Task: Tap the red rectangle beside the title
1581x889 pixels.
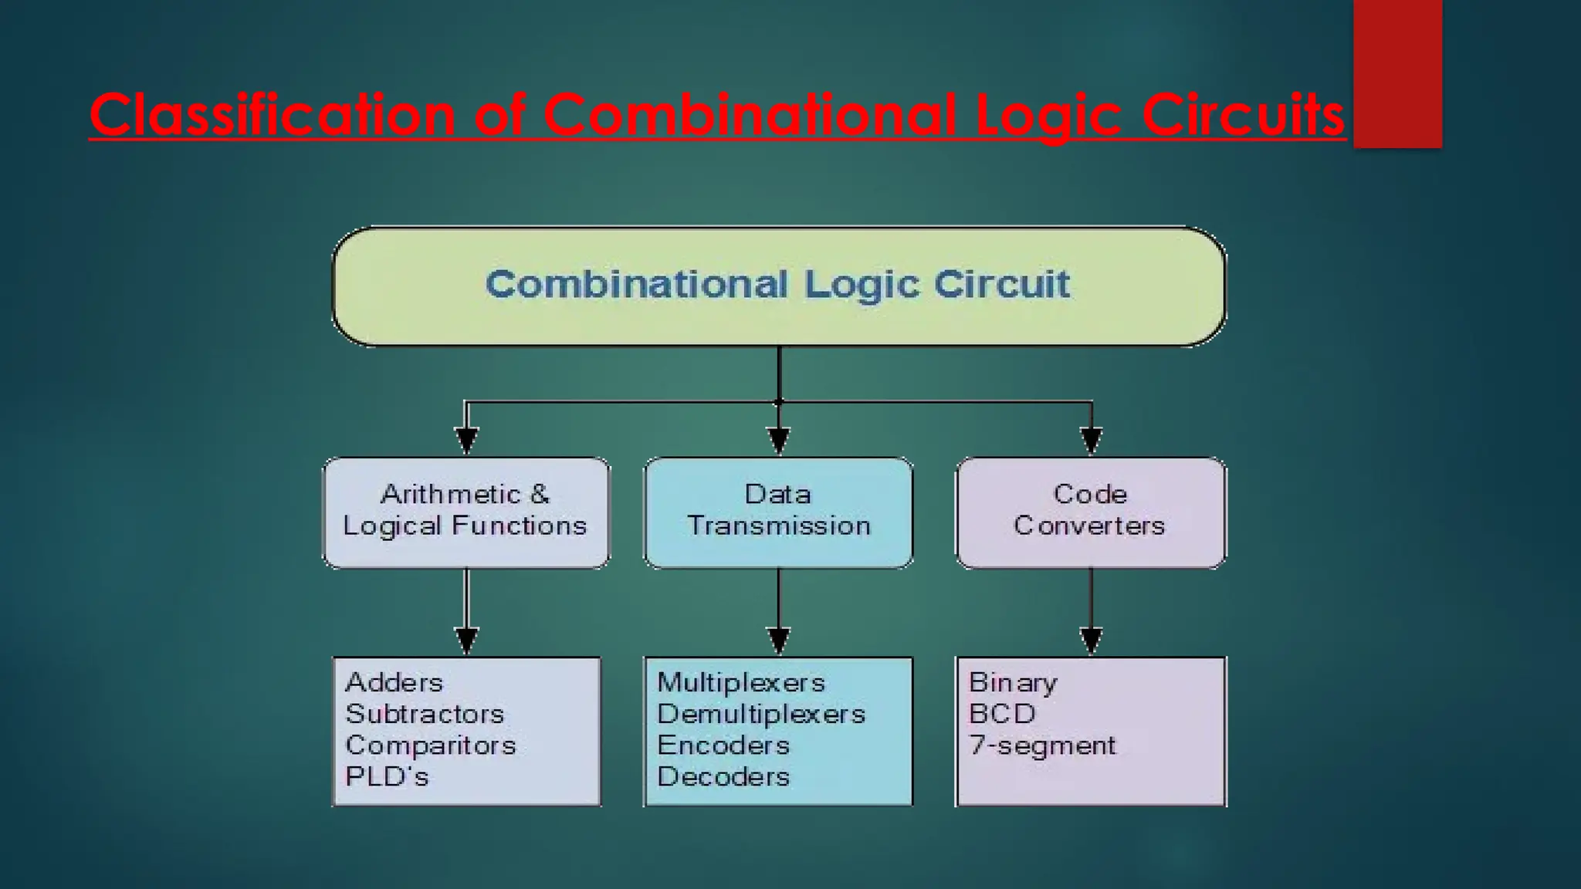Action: (x=1397, y=73)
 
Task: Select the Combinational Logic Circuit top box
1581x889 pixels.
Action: (x=778, y=286)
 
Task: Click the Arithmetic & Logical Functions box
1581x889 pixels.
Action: (x=465, y=512)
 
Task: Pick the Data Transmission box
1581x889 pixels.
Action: (x=778, y=512)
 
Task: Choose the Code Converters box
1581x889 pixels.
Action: (x=1090, y=512)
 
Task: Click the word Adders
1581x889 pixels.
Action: (x=394, y=683)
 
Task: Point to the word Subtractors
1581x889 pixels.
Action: (x=425, y=714)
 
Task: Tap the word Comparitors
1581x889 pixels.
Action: (x=431, y=745)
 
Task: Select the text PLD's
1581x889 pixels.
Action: (x=387, y=777)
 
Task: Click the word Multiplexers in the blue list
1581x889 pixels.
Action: (x=741, y=683)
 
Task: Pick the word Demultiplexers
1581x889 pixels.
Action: (x=761, y=715)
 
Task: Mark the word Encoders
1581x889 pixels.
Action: (x=723, y=745)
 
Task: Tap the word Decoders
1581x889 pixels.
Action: (x=723, y=777)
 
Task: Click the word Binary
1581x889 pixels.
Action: (x=1013, y=683)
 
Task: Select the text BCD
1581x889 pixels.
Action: (x=1002, y=714)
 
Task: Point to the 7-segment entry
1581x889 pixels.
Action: (x=1042, y=745)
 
